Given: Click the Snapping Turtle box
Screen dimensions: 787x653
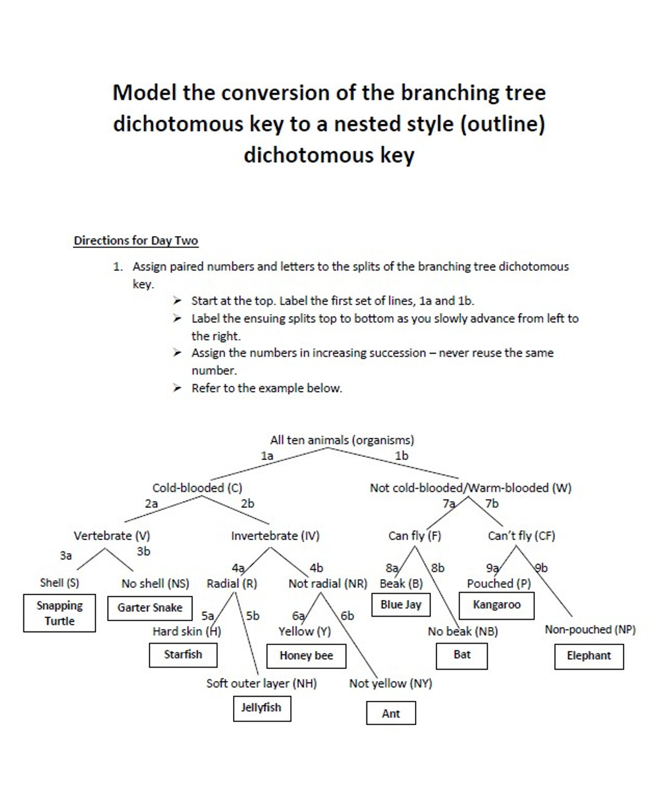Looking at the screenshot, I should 60,613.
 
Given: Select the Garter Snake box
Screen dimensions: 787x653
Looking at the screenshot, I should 149,607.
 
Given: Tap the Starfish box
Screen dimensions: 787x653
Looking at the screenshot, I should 183,654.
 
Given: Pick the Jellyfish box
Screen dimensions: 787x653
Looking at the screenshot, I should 261,708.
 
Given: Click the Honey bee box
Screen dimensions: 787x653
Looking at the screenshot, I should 306,655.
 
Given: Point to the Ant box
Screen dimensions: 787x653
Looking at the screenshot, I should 390,713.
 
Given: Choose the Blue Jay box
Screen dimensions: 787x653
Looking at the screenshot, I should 401,604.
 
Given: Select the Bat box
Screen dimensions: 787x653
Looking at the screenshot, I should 462,655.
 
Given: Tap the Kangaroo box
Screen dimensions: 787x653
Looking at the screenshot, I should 496,604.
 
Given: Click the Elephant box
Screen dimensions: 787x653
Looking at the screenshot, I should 588,655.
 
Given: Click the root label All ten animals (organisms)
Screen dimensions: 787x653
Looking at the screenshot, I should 342,440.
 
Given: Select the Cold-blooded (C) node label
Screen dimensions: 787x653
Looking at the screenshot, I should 197,488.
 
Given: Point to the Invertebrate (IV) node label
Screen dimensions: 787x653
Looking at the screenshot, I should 275,536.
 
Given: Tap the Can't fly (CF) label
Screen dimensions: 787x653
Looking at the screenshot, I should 521,536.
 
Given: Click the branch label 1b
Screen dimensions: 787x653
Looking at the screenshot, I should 401,456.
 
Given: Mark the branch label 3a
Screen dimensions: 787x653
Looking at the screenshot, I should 66,555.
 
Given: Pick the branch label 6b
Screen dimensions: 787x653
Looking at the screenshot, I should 347,615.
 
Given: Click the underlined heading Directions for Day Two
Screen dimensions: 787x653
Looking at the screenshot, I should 136,240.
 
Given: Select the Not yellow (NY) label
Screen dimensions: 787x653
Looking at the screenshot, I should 390,683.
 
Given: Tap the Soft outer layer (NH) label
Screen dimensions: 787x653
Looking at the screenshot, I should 261,683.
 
